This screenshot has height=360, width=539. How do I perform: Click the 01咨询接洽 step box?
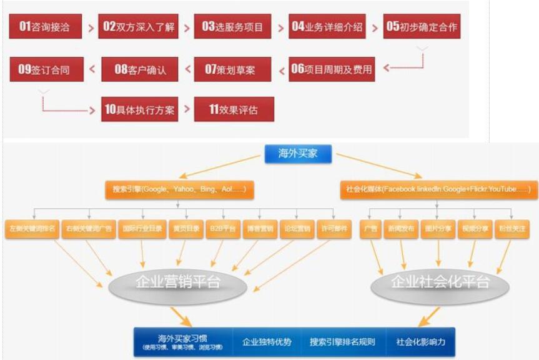pos(46,27)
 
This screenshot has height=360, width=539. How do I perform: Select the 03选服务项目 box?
pos(233,27)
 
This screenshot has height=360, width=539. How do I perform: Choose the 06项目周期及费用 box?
pos(331,69)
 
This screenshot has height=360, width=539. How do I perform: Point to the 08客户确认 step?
pos(140,69)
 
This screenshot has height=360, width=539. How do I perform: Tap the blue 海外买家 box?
pos(298,153)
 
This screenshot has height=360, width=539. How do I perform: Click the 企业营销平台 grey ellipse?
pos(178,282)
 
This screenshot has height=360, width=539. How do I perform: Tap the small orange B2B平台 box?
pos(223,229)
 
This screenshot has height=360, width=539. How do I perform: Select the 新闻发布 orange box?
pos(400,229)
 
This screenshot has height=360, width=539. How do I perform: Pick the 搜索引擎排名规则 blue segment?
pos(342,342)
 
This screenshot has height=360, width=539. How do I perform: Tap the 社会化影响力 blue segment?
pos(421,342)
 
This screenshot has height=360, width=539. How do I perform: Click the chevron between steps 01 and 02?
pos(91,27)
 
